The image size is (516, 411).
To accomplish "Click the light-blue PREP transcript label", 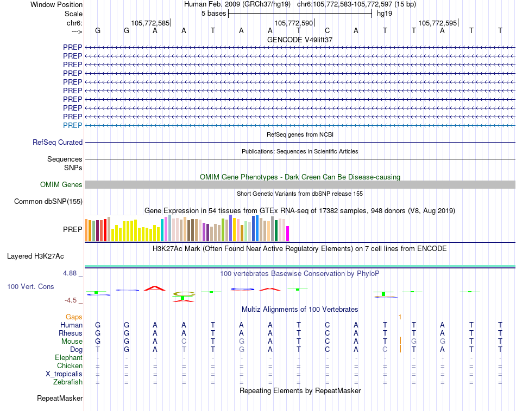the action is (72, 125).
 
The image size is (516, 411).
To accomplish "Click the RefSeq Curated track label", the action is (58, 142).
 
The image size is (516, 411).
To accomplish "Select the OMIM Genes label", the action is (61, 185).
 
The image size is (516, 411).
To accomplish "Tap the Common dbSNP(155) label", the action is (48, 201).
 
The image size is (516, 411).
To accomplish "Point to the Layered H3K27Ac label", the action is (35, 256).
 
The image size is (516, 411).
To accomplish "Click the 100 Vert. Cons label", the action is (30, 286).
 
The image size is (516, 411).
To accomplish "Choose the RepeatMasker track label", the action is (60, 398).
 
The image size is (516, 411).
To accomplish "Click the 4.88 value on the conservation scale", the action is (70, 273).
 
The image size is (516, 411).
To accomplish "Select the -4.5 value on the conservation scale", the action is (71, 300).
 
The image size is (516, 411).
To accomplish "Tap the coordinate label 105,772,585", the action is (150, 23).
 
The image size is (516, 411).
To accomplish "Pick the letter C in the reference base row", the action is (327, 30).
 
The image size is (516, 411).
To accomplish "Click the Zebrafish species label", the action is (68, 382).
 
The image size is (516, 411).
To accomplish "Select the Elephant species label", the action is (69, 358).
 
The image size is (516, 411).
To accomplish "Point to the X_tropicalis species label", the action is (64, 374).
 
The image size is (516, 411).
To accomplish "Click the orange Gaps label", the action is (74, 317).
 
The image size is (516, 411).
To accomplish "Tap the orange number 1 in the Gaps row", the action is (400, 317).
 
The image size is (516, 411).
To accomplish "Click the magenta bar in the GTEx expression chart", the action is (288, 234).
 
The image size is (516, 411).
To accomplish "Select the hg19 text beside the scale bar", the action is (385, 14).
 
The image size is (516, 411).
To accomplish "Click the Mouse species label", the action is (72, 342).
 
